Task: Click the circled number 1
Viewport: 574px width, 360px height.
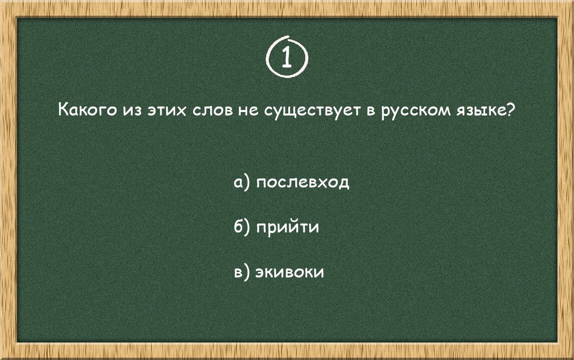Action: tap(286, 57)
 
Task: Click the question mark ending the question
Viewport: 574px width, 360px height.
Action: tap(510, 109)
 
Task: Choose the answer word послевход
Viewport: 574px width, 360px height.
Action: tap(302, 182)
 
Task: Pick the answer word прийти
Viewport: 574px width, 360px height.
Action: tap(287, 227)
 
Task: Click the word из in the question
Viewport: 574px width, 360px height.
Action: tap(129, 110)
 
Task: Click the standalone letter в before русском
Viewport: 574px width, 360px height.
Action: tap(371, 110)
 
